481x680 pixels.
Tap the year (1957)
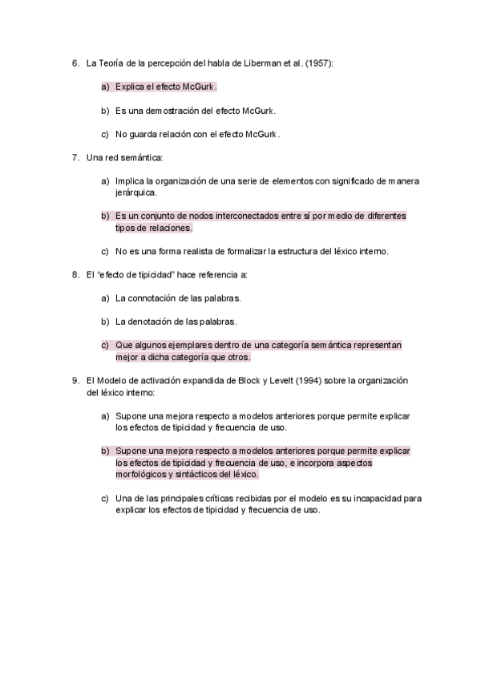[320, 63]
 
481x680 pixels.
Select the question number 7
[75, 158]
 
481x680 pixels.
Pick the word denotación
[151, 322]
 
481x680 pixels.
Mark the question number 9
[75, 380]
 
